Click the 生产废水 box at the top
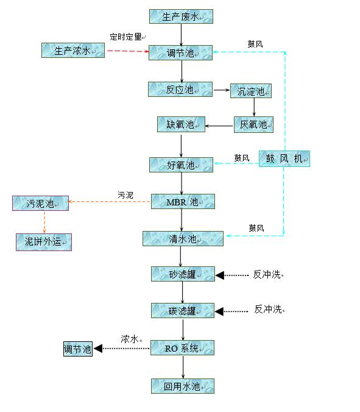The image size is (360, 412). coord(181,16)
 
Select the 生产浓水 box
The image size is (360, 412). coord(73,50)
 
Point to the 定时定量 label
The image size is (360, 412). coord(125,37)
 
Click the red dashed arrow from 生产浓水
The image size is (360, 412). coord(128,51)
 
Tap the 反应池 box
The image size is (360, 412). coord(180,90)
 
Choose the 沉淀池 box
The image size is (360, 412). coord(251,91)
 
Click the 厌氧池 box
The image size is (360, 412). coord(253,124)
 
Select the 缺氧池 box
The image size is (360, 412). coord(181,124)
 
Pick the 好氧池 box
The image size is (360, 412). coord(181,165)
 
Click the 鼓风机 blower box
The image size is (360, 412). coord(284,158)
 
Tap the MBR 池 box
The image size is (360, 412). coord(183,202)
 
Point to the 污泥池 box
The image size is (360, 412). coord(40,203)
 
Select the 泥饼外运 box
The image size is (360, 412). coord(44,242)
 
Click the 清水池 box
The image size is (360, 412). coord(183,238)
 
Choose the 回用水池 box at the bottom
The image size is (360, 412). coord(183,386)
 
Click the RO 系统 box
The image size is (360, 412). coord(182,348)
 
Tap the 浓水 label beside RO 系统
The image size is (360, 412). coord(130,339)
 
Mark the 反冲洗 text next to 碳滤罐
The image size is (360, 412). coord(268,309)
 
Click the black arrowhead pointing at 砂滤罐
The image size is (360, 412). coord(220,275)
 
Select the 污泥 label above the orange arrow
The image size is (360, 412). coord(125,195)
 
